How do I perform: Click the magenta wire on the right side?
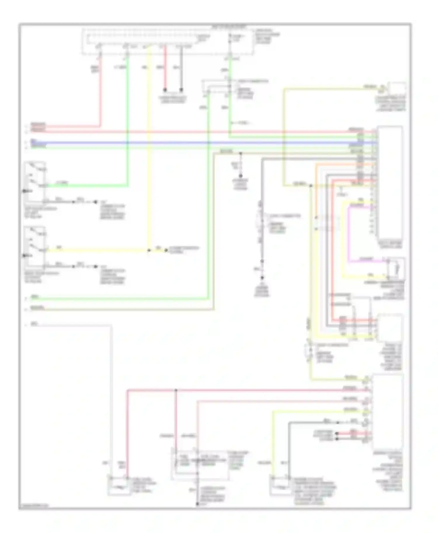coord(349,233)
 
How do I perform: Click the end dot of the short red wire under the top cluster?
coord(165,90)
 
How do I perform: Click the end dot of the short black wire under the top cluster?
coord(181,90)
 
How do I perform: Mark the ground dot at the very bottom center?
coord(197,504)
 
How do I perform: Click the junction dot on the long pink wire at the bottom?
coord(176,390)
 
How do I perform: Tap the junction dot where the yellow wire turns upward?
coord(149,250)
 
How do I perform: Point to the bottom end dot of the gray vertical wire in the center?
coord(262,278)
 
